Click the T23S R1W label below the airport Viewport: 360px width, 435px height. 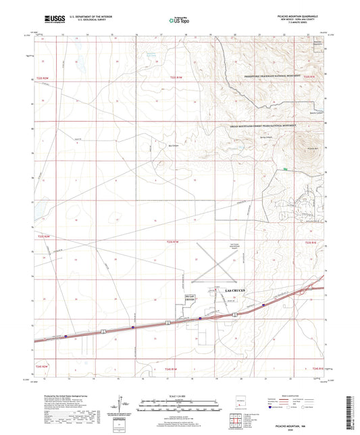coord(174,240)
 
